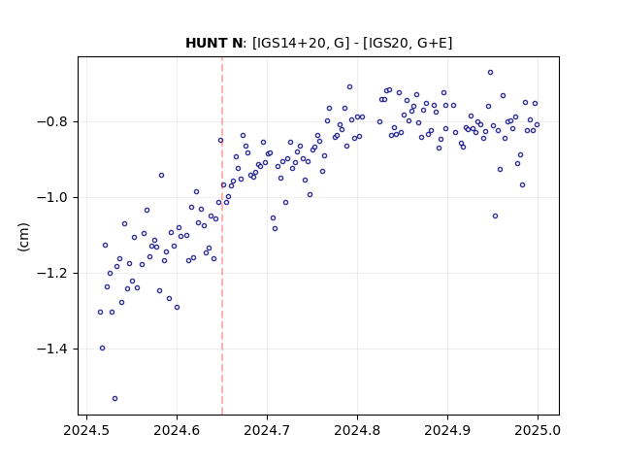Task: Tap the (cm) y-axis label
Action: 23,237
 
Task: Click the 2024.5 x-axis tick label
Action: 86,430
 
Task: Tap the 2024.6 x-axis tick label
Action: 177,430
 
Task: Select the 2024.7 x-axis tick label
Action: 268,430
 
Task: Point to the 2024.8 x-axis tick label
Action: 357,430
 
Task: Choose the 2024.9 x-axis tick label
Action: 447,430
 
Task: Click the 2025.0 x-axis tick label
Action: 538,430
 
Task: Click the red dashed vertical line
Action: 222,236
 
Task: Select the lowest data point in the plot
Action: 114,399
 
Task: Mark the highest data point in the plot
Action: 490,73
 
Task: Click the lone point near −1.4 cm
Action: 102,349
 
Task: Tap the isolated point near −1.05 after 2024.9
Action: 496,216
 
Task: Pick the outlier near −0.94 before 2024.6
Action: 162,175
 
